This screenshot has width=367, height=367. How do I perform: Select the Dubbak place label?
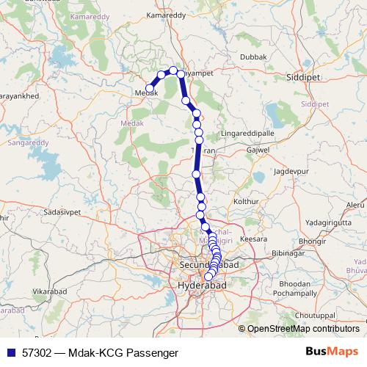[254, 56]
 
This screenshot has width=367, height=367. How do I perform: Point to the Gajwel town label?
[259, 150]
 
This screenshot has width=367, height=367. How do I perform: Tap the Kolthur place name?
[246, 200]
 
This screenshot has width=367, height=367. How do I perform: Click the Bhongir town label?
[312, 240]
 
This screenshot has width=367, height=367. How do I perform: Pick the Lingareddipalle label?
[247, 134]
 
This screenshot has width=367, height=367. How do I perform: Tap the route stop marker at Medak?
[150, 89]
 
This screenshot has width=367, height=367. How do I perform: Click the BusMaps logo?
[331, 352]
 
